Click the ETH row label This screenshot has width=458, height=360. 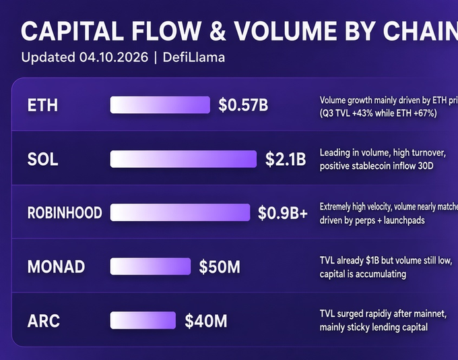coord(42,105)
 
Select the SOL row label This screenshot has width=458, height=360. coord(42,159)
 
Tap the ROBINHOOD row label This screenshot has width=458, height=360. coord(65,212)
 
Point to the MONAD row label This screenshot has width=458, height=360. coord(56,267)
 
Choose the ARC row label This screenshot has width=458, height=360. coord(44,321)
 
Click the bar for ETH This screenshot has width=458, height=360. coord(160,105)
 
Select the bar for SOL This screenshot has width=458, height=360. coord(183,159)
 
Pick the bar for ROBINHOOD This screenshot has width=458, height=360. coord(180,212)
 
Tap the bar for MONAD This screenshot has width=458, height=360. coord(150,266)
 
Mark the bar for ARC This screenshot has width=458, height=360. coord(143,320)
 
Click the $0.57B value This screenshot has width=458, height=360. coord(243,105)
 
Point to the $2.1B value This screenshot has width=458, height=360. coord(286,159)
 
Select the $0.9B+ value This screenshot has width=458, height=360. coord(282,213)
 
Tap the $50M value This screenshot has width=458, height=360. coord(220,267)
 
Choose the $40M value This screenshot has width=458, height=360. coord(205,321)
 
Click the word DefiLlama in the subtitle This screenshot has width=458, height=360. coord(194,57)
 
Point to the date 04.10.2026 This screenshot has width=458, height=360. coord(114,57)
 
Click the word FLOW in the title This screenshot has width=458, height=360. coord(166,31)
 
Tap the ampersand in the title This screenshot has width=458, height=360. coord(218,31)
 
